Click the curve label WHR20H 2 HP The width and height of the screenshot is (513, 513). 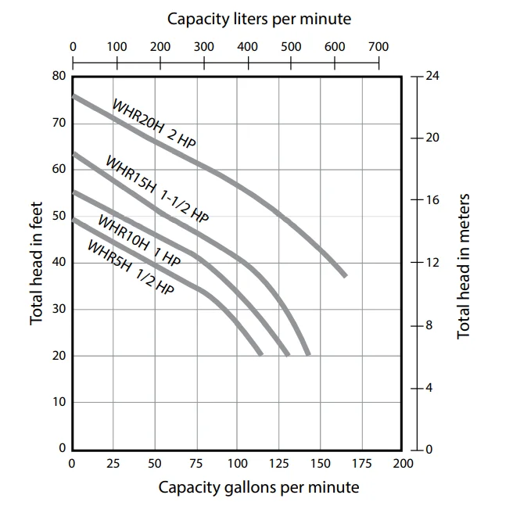[154, 124]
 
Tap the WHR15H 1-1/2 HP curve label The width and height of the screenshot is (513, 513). [157, 191]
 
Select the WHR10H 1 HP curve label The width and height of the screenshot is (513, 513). [138, 241]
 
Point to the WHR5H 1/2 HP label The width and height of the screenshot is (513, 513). [130, 267]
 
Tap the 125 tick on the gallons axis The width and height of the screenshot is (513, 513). [278, 464]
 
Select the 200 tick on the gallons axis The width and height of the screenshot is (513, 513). [402, 464]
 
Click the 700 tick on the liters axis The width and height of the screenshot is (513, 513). [378, 47]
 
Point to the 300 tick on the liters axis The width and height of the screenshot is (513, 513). [203, 47]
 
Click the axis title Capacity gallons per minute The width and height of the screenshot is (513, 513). [259, 488]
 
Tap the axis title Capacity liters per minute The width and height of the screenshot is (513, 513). [259, 19]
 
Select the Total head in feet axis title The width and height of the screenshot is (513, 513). [36, 262]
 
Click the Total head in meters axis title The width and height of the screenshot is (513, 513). [464, 266]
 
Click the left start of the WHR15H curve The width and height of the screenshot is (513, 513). [74, 153]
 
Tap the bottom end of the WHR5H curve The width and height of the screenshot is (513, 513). [260, 353]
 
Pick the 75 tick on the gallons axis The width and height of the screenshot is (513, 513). [196, 464]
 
